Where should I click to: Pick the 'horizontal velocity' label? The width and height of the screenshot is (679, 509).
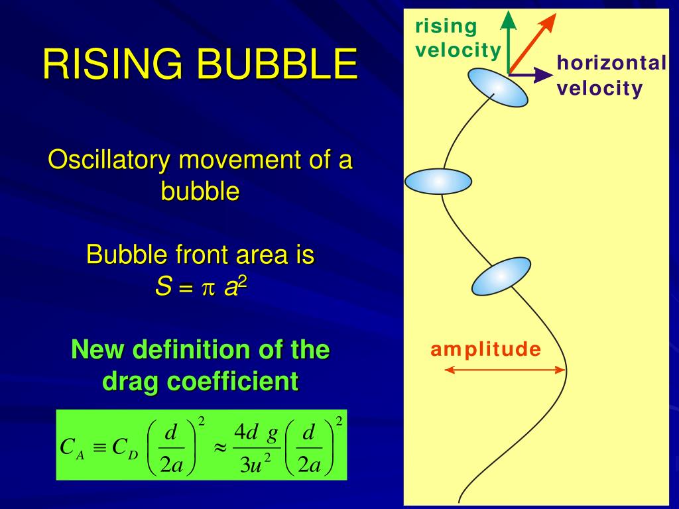[610, 76]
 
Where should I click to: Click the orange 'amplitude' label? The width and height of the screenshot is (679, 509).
[485, 349]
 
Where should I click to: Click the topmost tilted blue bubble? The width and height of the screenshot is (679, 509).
[498, 87]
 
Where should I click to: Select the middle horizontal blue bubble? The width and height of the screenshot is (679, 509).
[438, 181]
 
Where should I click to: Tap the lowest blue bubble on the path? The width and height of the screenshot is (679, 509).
[501, 276]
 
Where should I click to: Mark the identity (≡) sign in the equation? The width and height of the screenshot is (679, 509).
[99, 447]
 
